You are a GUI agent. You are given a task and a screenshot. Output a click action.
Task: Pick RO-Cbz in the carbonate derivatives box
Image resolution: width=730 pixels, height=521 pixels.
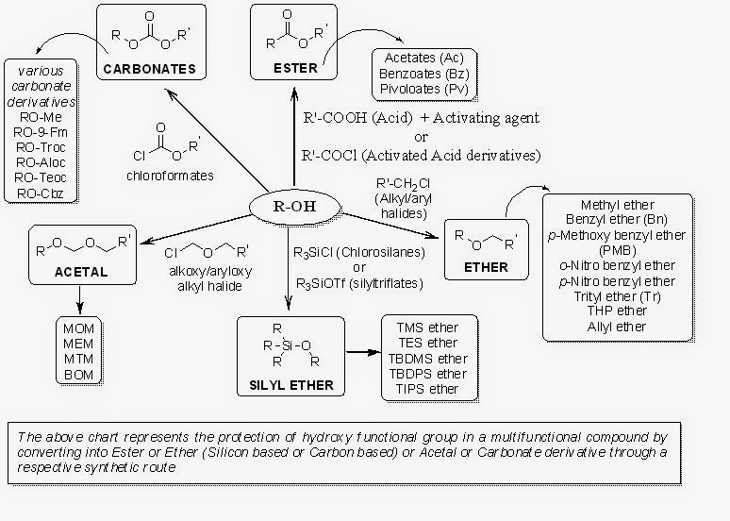(40, 193)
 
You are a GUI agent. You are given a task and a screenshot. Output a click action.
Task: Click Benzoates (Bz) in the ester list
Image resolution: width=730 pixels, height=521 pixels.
(424, 74)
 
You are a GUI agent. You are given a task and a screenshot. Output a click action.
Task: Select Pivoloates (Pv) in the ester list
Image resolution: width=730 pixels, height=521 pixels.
(424, 90)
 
